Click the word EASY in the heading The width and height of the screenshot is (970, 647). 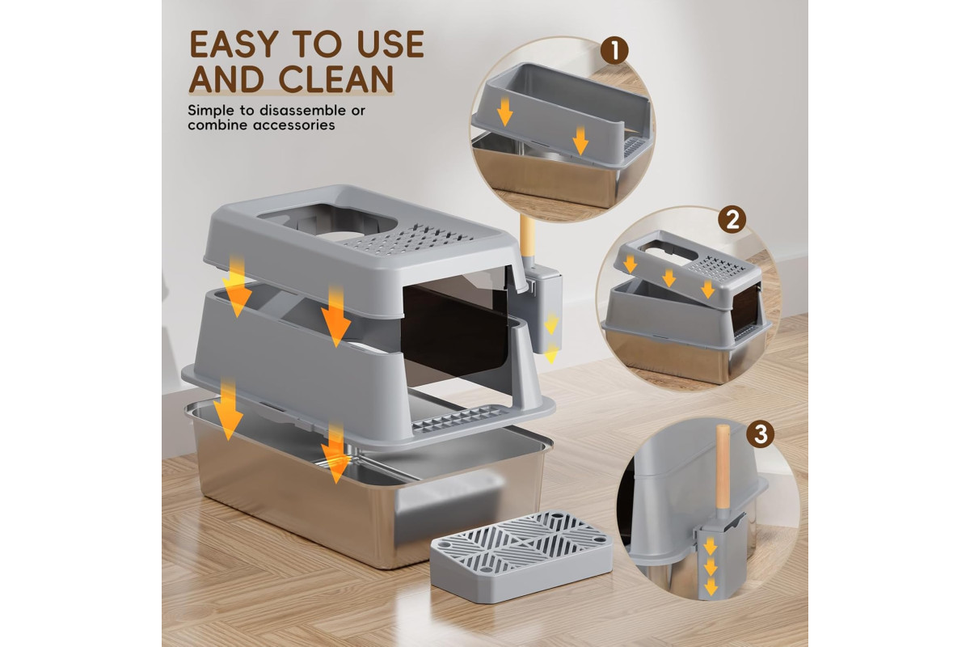coord(234,44)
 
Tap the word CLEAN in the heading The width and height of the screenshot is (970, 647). coord(336,79)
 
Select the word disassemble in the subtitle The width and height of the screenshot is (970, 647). coord(303,110)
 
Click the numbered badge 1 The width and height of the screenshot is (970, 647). coord(614,50)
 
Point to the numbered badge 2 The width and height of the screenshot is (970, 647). coord(732,219)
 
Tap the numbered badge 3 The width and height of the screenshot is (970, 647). coord(761,433)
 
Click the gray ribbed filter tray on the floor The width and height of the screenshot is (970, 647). coord(521,556)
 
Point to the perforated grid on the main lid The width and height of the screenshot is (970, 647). coord(409,239)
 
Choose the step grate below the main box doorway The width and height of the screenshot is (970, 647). coord(459,418)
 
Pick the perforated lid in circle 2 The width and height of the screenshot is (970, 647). coord(689,271)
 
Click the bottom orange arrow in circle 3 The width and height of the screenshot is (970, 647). coord(711,587)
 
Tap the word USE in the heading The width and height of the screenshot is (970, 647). coord(390,44)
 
